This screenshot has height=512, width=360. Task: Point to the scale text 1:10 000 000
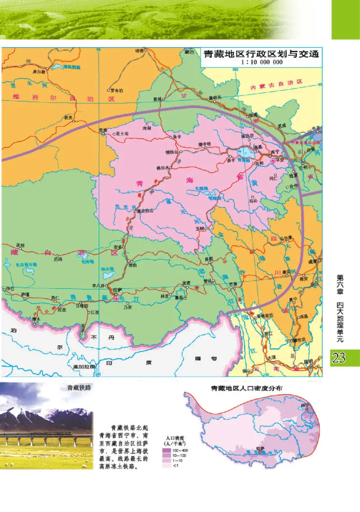point(261,62)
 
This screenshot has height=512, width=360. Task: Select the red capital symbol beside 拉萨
point(116,297)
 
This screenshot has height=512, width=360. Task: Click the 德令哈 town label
point(204,144)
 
